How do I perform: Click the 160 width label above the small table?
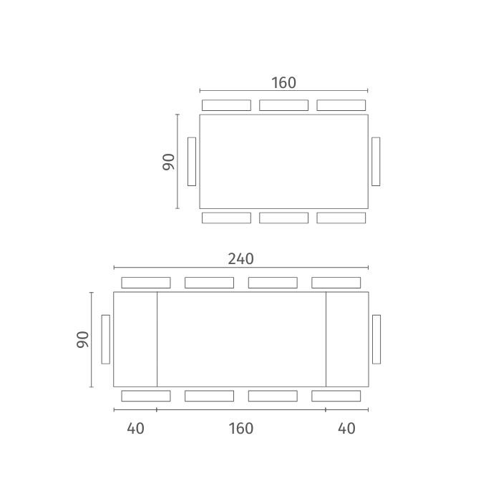pyautogui.click(x=283, y=83)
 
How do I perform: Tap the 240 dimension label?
pyautogui.click(x=241, y=259)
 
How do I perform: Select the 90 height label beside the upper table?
pyautogui.click(x=169, y=162)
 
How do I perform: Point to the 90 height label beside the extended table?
pyautogui.click(x=82, y=340)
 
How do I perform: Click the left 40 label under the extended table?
pyautogui.click(x=135, y=429)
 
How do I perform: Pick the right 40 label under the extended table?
pyautogui.click(x=346, y=429)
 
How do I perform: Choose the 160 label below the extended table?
pyautogui.click(x=241, y=429)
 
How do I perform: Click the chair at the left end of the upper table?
pyautogui.click(x=192, y=162)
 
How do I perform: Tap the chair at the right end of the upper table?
pyautogui.click(x=376, y=162)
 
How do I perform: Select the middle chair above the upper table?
pyautogui.click(x=283, y=105)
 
